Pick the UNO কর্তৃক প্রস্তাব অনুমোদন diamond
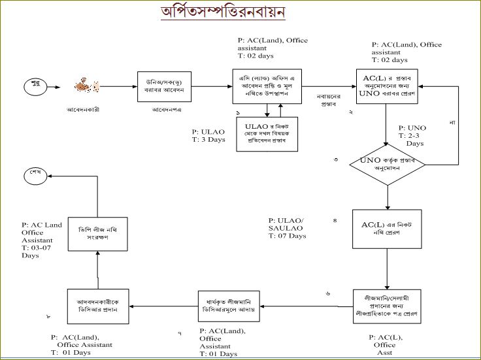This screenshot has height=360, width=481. (x=388, y=163)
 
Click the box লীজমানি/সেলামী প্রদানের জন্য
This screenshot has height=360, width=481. (x=388, y=307)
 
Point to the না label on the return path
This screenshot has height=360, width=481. (x=452, y=122)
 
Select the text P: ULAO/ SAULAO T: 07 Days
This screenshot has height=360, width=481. (x=288, y=228)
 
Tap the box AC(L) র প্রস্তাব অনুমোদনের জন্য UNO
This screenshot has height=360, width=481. (x=388, y=86)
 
